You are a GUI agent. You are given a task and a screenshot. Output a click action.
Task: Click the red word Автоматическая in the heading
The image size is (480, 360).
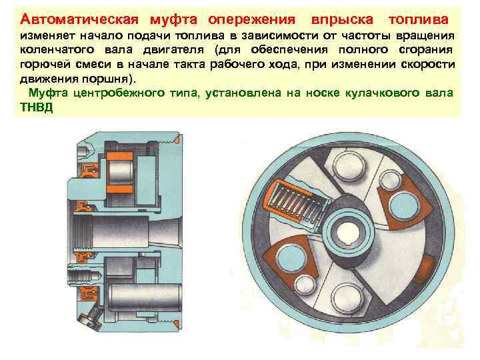tap(79, 19)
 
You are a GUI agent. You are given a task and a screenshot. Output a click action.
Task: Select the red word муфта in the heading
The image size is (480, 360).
tap(173, 20)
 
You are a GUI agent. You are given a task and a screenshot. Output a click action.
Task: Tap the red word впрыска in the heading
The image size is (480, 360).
tap(342, 20)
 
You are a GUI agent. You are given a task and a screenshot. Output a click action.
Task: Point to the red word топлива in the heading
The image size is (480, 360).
tap(419, 19)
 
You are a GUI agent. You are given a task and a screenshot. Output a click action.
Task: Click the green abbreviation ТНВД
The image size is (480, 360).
tap(37, 107)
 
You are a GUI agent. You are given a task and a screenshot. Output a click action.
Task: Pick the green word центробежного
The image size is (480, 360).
tap(119, 93)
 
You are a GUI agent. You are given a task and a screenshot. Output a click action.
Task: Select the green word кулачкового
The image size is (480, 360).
tap(383, 93)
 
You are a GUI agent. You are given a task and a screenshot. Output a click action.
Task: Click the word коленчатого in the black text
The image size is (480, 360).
tap(57, 49)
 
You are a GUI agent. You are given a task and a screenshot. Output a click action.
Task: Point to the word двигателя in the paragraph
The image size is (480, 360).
tap(173, 49)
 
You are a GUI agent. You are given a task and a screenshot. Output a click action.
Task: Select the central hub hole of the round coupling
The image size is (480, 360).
tap(349, 233)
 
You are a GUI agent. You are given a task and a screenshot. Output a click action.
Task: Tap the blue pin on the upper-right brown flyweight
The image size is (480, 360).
tap(404, 207)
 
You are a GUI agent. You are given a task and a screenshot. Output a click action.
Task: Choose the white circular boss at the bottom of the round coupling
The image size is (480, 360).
tap(348, 298)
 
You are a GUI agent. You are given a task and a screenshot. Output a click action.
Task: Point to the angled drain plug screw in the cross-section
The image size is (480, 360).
tap(90, 317)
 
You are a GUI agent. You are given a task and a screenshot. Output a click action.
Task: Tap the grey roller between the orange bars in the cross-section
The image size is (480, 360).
tap(120, 173)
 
